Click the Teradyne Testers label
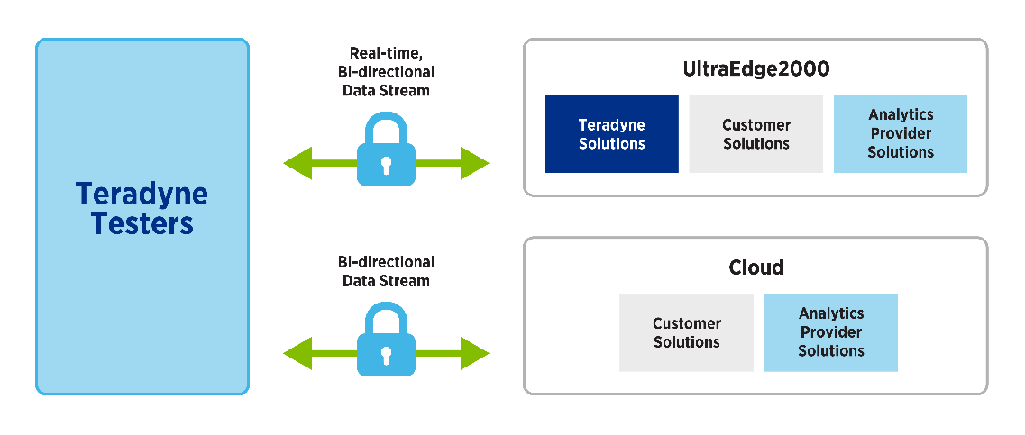(142, 208)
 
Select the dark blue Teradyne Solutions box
(611, 133)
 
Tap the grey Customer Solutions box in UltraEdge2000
(755, 133)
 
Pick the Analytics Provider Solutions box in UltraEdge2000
(900, 133)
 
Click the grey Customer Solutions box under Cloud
(686, 332)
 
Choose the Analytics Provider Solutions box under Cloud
(830, 332)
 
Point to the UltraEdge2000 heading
(755, 69)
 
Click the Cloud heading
(755, 267)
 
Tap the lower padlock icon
(386, 343)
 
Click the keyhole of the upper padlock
(386, 165)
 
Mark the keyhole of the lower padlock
(386, 354)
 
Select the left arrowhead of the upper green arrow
(296, 164)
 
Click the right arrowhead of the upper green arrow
(475, 164)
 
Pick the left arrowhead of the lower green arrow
(296, 352)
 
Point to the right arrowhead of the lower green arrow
(475, 352)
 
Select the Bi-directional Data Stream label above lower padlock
(386, 271)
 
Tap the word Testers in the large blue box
(142, 223)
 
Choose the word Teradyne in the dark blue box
(611, 124)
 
